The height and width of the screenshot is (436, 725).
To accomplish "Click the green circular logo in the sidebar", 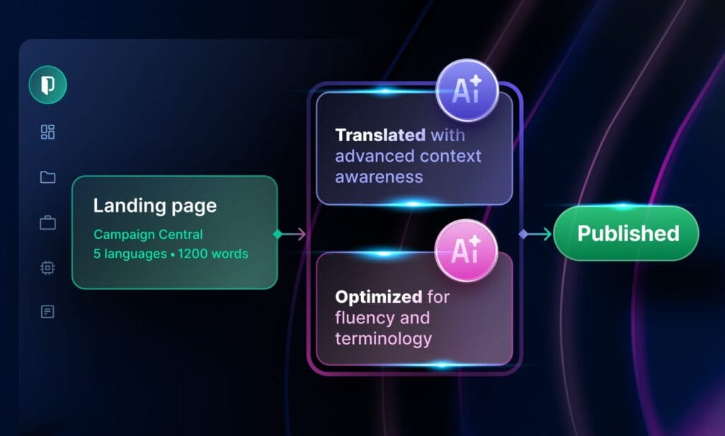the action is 47,84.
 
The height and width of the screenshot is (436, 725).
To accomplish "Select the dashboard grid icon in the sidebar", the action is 47,132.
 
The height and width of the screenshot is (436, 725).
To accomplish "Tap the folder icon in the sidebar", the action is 47,177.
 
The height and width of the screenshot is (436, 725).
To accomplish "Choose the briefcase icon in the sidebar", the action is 47,223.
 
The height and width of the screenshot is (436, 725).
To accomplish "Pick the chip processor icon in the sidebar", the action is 47,267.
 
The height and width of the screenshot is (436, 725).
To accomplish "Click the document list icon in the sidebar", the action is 47,311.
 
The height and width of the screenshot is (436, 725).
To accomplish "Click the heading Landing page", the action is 155,206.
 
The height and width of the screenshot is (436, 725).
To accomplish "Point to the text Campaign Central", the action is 148,234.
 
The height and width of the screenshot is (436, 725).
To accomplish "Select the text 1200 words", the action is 213,254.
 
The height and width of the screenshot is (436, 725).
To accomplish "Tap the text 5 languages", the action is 130,254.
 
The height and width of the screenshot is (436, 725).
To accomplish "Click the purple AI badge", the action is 467,90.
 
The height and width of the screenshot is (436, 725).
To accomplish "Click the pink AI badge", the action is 466,250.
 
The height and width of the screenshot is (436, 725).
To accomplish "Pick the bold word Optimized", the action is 379,296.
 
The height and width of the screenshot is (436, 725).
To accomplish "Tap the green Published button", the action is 627,233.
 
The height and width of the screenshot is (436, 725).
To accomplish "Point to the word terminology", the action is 383,339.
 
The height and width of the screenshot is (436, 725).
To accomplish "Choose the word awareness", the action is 379,177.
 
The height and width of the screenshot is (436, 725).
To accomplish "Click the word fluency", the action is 365,318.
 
